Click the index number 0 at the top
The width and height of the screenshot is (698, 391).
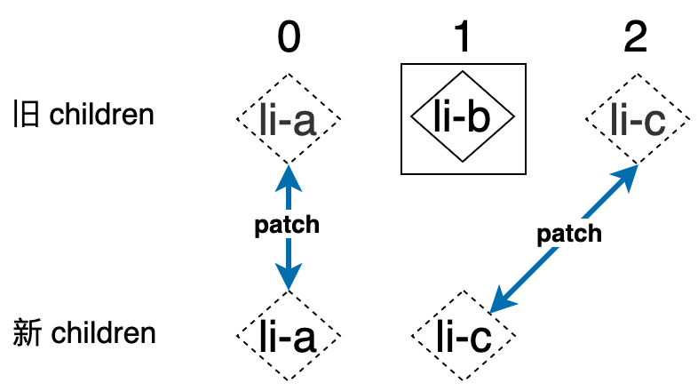(289, 37)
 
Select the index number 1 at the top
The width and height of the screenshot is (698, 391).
(463, 37)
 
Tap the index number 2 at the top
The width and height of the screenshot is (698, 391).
(636, 37)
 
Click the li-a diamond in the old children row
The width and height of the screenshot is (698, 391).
(289, 117)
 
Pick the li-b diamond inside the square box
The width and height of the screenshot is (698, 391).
(463, 118)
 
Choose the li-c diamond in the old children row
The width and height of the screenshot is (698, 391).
(636, 117)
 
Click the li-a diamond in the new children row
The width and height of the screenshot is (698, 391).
(289, 335)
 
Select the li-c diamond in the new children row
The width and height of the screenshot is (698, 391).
(463, 335)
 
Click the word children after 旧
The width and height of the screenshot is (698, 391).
(102, 116)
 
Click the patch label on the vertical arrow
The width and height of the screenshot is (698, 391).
(287, 226)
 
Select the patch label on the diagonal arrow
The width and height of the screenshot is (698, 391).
(569, 235)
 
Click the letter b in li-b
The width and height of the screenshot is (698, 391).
(478, 117)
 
